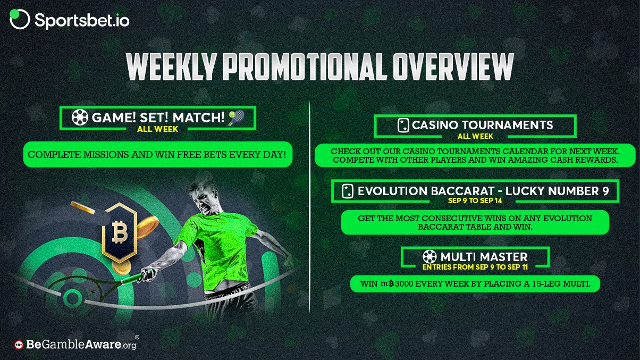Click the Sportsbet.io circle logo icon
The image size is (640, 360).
pos(20,19)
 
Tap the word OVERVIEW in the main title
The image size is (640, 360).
pos(453,67)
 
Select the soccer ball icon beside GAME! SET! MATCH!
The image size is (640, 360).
pos(80,118)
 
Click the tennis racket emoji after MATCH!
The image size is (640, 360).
pos(237,118)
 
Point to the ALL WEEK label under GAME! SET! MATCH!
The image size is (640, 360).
pos(157,129)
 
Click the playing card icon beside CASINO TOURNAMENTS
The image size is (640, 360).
pos(403,125)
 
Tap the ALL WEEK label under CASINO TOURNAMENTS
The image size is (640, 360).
pos(475,136)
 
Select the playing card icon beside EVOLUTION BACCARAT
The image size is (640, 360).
pos(348,191)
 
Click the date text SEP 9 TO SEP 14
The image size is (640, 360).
pos(475,200)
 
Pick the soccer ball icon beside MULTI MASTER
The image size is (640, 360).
pos(430,256)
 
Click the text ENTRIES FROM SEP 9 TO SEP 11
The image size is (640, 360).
pos(475,267)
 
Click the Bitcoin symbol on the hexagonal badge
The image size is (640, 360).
pos(120,232)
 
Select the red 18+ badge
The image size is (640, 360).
pos(19,345)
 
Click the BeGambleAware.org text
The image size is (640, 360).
pos(81,345)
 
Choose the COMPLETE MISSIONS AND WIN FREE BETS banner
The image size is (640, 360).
pos(158,155)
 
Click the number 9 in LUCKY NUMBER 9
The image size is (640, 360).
pos(605,191)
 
